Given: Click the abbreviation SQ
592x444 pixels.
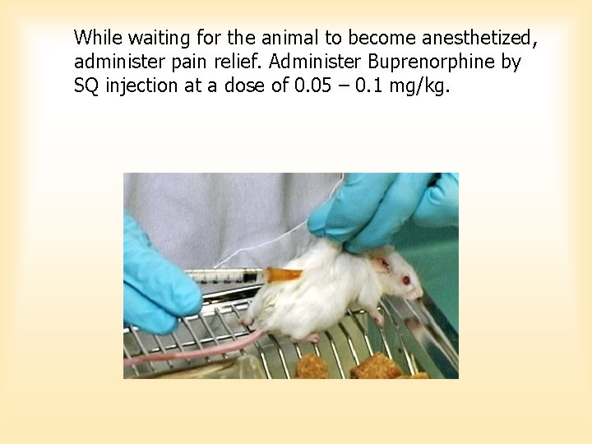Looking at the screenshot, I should pyautogui.click(x=86, y=86).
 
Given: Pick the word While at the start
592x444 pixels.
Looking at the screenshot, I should pyautogui.click(x=98, y=37).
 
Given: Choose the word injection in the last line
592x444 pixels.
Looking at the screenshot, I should pyautogui.click(x=139, y=86).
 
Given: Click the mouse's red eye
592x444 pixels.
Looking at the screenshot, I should pyautogui.click(x=405, y=280).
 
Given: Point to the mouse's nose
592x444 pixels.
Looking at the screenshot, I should pyautogui.click(x=420, y=292).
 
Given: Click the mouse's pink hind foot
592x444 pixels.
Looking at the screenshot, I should pyautogui.click(x=312, y=337).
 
